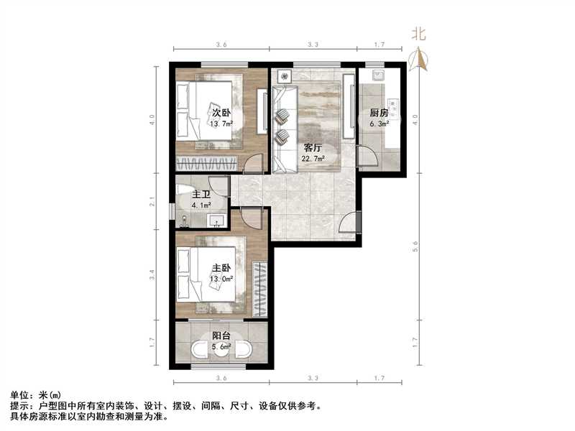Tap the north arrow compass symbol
pos(420,59)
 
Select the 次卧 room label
pos(221,113)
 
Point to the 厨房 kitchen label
pos(379,113)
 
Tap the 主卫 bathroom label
pos(201,195)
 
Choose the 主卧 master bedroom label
pos(221,268)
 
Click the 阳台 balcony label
pos(221,335)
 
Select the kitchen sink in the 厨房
pos(376,75)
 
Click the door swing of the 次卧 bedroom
pos(254,164)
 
